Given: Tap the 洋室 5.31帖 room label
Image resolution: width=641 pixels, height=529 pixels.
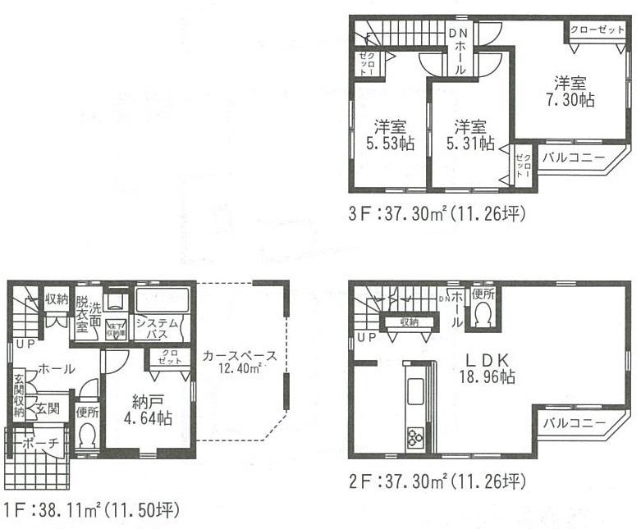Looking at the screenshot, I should [x=470, y=135].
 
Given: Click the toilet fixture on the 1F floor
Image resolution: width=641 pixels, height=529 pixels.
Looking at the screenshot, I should [x=87, y=436].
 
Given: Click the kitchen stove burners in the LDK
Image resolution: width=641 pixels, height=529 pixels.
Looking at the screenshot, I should [x=414, y=436].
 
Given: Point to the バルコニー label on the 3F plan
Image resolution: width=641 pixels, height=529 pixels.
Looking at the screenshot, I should [x=573, y=156].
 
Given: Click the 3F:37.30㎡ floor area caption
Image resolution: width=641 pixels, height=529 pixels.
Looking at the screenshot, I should [x=436, y=215].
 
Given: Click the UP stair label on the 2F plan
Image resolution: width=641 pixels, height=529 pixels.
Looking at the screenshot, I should [x=367, y=337].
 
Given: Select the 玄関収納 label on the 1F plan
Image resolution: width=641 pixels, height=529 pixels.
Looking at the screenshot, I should [x=18, y=395].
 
